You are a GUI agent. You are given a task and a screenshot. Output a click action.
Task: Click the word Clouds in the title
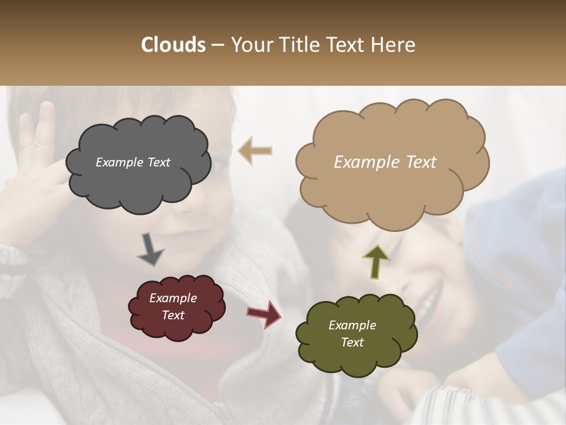(x=173, y=45)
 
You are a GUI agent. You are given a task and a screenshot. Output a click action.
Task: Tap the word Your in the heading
(x=252, y=45)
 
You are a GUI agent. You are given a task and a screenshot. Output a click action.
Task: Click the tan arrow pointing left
(x=255, y=151)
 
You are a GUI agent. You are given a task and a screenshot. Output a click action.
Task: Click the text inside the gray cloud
(x=133, y=162)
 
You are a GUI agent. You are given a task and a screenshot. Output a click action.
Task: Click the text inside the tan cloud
(x=385, y=162)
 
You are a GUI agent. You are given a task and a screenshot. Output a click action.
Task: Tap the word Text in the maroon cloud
(x=173, y=315)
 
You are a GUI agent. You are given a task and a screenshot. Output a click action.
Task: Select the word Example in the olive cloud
(x=352, y=325)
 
